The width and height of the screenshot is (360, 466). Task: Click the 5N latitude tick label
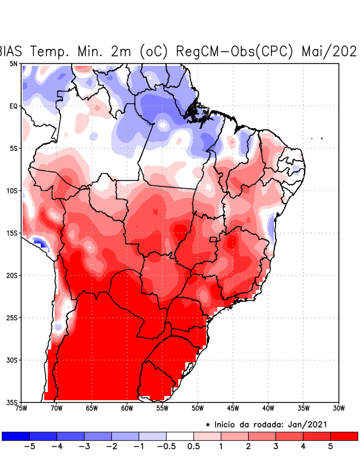pos(13,63)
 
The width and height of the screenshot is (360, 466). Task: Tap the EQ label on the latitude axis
pos(13,106)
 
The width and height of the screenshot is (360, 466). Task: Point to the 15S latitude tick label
pos(12,233)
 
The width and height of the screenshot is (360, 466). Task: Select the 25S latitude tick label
pos(12,317)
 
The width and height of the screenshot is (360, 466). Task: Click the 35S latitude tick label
pos(12,402)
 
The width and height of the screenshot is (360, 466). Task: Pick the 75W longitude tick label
pos(21,408)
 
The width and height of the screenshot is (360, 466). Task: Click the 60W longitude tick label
pos(126,408)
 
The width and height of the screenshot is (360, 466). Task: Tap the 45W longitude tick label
pos(232,408)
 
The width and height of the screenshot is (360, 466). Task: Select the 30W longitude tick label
pos(338,408)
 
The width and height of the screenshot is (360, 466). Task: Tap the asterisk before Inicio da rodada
pos(208,425)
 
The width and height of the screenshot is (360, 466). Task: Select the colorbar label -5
pos(30,446)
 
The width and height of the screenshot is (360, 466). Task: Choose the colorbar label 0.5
pos(193,446)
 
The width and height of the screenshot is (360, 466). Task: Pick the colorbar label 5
pos(330,446)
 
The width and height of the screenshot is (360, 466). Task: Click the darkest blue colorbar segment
pos(16,436)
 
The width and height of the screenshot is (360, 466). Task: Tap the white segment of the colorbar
pos(180,436)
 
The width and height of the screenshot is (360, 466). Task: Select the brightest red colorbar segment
pos(344,436)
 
